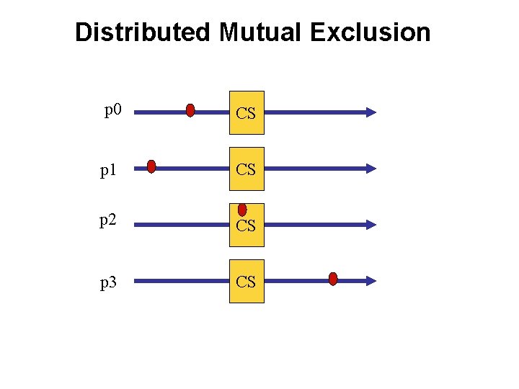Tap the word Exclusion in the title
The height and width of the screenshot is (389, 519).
[x=371, y=32]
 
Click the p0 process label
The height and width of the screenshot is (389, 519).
[x=113, y=111]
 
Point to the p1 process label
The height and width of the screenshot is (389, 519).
[x=109, y=169]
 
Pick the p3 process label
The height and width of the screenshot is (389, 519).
[x=109, y=282]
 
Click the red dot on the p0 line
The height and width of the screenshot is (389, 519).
[x=190, y=110]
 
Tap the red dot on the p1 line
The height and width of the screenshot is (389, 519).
[x=151, y=167]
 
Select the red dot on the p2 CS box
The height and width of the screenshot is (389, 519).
[x=242, y=210]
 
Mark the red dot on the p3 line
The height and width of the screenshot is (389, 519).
[x=333, y=279]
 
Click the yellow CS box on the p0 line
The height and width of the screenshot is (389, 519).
[x=247, y=113]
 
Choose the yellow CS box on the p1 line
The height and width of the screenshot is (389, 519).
[x=247, y=169]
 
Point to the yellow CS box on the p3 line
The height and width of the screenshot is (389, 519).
[x=247, y=281]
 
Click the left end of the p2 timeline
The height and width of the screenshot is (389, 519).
[x=137, y=225]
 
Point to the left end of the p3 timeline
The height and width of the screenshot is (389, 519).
[x=137, y=281]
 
